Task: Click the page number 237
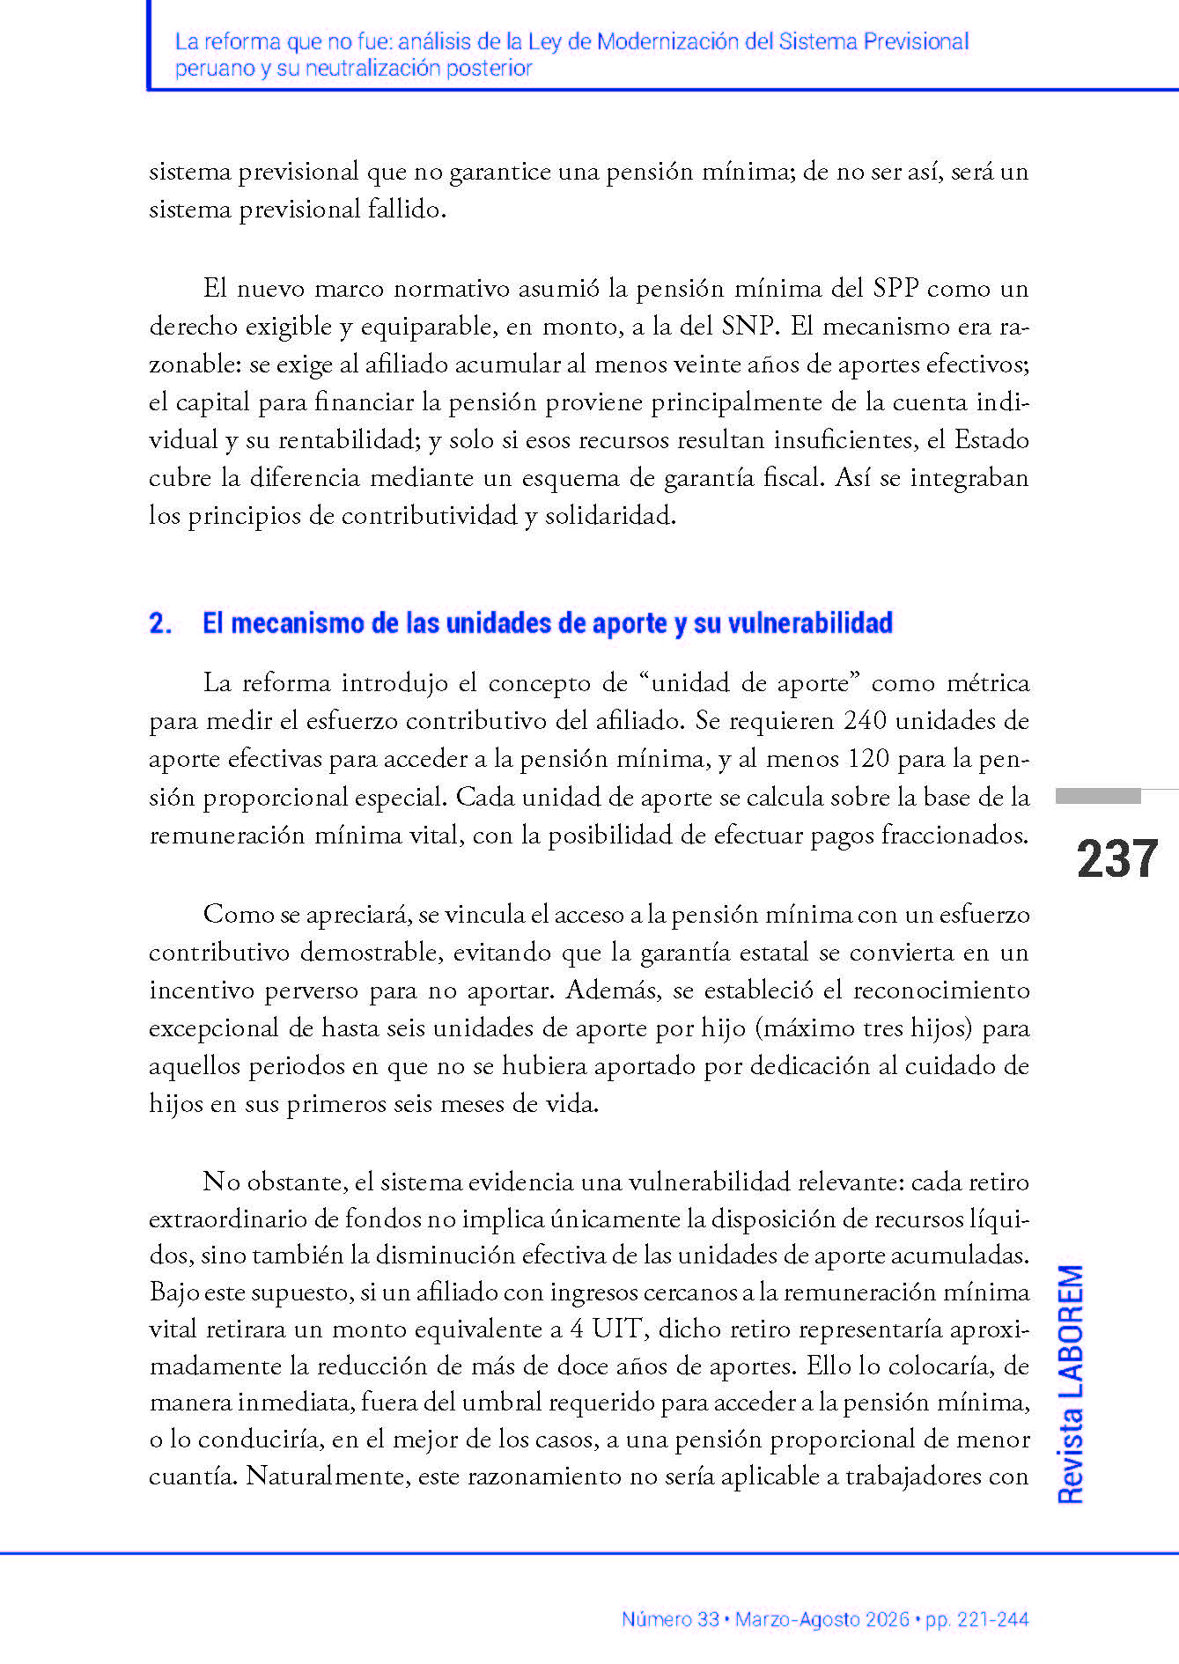click(1116, 859)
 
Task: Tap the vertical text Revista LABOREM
click(1070, 1384)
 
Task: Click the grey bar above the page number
click(1098, 797)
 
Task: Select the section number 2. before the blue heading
click(160, 623)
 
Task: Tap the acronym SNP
click(749, 327)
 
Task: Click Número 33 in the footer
click(670, 1619)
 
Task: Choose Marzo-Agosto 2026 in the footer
click(822, 1619)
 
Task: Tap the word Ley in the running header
click(544, 41)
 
